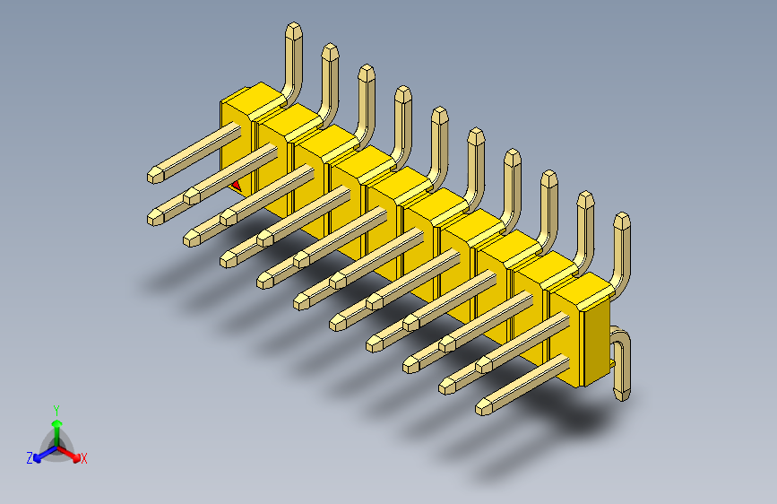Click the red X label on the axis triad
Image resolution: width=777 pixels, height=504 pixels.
tap(84, 458)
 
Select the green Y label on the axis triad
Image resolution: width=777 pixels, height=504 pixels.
tap(56, 408)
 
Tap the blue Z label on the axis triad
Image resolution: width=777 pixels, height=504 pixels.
tap(29, 457)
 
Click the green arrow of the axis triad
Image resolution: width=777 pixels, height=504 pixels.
tap(56, 424)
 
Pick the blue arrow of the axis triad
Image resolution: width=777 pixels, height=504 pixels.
tap(39, 452)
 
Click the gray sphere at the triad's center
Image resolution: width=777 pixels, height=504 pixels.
tap(56, 442)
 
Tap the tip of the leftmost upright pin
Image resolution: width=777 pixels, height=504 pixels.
tap(293, 30)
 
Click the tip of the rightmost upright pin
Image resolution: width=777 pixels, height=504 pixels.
tap(621, 221)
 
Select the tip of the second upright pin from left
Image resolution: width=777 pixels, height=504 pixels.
tap(330, 50)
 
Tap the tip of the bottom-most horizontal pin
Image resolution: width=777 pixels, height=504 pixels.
tap(484, 408)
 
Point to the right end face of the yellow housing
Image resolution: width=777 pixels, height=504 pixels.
tap(595, 345)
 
